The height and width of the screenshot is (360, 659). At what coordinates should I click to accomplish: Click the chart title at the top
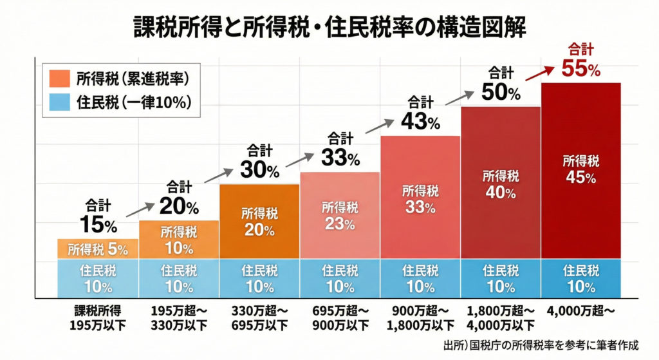click(329, 27)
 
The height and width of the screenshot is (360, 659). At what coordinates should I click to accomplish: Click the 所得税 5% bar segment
click(98, 249)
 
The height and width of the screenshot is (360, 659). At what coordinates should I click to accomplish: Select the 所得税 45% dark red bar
click(580, 171)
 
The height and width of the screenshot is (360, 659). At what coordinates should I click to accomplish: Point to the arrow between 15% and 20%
click(140, 209)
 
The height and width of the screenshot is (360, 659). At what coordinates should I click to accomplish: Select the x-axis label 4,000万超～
click(580, 310)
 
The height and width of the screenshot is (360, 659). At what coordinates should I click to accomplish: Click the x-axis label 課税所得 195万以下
click(98, 317)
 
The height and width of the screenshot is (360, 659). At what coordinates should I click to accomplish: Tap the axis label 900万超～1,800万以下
click(420, 317)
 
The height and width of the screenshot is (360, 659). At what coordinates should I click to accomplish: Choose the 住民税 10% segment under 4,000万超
click(580, 278)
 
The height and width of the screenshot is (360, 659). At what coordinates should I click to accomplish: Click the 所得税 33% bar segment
click(420, 199)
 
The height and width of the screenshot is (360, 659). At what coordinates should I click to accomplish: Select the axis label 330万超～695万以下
click(259, 317)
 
